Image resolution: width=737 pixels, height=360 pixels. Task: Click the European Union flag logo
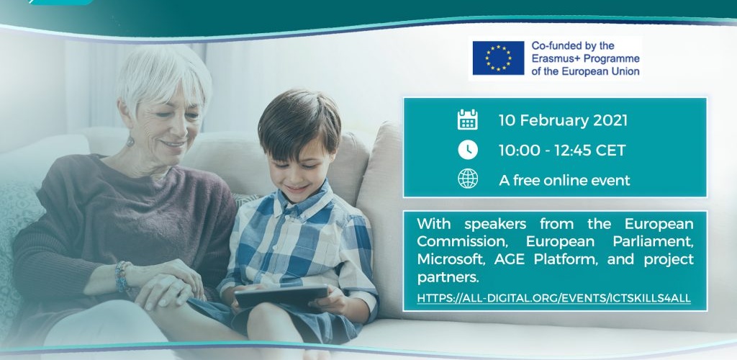click(x=498, y=58)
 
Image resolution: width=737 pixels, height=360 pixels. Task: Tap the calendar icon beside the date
click(x=468, y=120)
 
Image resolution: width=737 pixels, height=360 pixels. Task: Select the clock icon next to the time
click(x=468, y=150)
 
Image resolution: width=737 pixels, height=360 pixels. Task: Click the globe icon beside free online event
click(x=468, y=179)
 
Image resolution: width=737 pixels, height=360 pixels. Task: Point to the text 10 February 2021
click(x=563, y=120)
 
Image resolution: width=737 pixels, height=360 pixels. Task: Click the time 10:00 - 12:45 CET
click(x=562, y=150)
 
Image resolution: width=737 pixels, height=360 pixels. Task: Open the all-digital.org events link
click(x=554, y=298)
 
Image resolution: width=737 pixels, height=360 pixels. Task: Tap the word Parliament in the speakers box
click(x=653, y=242)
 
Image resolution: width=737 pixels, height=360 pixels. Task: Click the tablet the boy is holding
click(x=281, y=297)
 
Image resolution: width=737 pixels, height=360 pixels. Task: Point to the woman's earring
click(x=130, y=140)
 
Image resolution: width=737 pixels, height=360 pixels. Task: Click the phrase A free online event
click(x=564, y=180)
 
